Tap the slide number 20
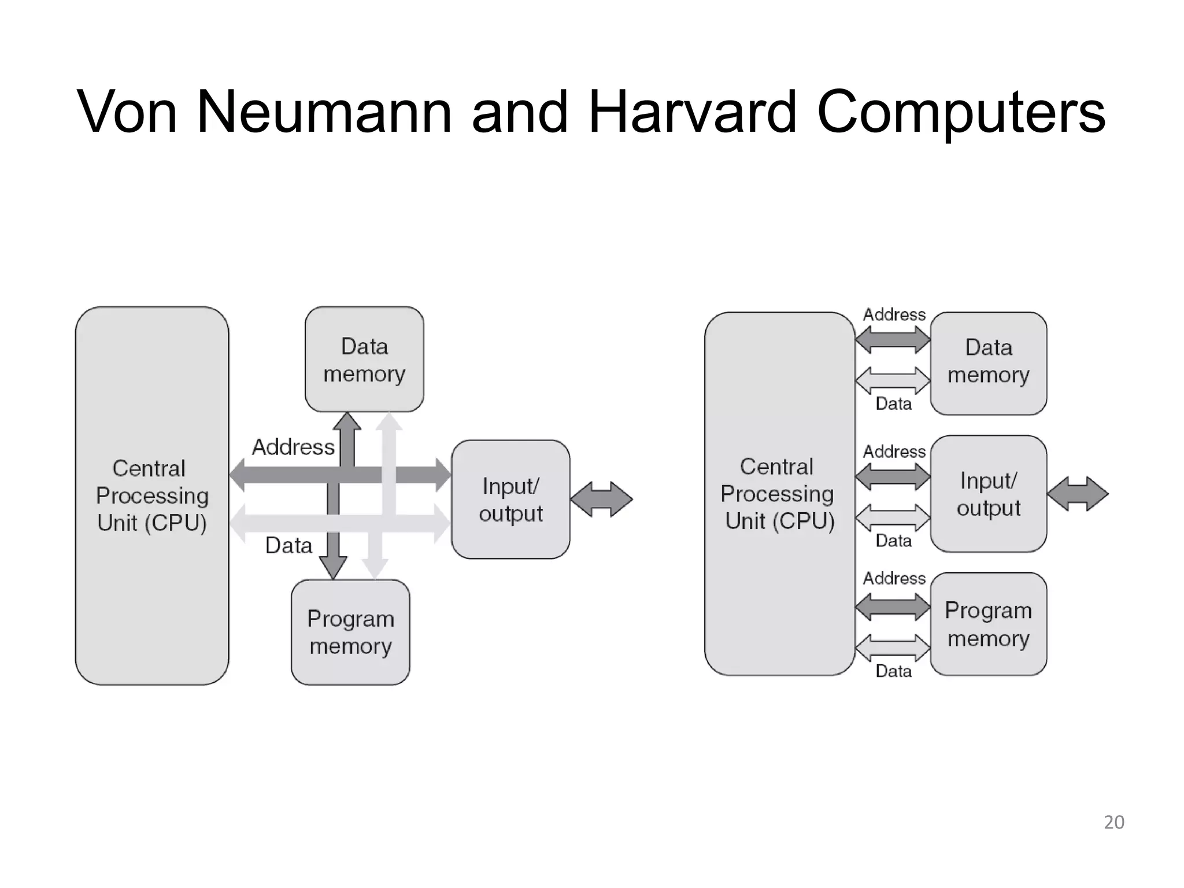coord(1113,822)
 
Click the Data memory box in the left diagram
coord(364,360)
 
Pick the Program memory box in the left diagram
coord(350,632)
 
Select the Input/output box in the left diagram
coord(510,499)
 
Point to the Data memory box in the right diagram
coord(989,363)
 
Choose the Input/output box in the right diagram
coord(989,494)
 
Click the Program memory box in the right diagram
coord(989,624)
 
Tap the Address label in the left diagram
coord(293,447)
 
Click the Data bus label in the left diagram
coord(288,545)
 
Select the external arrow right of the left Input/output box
coord(601,499)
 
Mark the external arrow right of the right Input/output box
coord(1078,494)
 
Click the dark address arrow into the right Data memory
coord(893,339)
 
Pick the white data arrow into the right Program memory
coord(893,647)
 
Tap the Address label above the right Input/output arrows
coord(894,452)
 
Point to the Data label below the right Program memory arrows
coord(893,671)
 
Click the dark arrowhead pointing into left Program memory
coord(333,567)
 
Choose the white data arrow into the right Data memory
coord(893,380)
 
